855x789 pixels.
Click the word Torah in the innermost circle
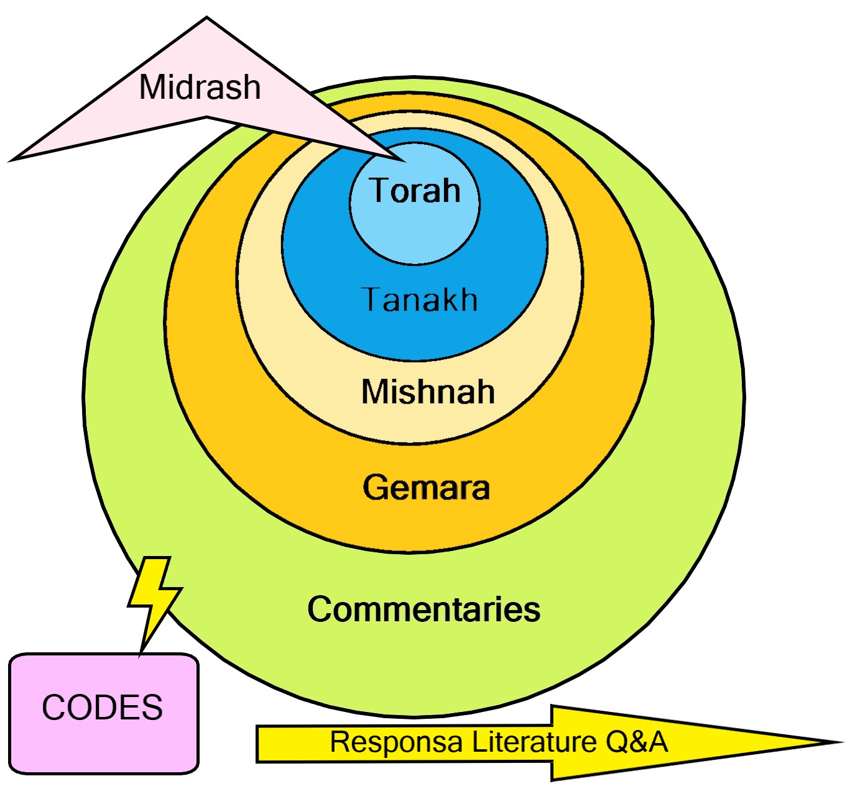[x=415, y=191]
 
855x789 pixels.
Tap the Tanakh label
[x=419, y=300]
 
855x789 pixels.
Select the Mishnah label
[x=428, y=392]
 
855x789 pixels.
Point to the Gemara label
[x=426, y=488]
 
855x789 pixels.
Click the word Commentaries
[x=423, y=609]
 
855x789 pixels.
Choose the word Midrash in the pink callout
[x=200, y=87]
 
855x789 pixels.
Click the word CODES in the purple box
[x=103, y=708]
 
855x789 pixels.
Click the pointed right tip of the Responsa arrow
[x=839, y=742]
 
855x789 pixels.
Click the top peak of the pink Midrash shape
[x=206, y=19]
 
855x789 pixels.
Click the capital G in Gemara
[x=375, y=488]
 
